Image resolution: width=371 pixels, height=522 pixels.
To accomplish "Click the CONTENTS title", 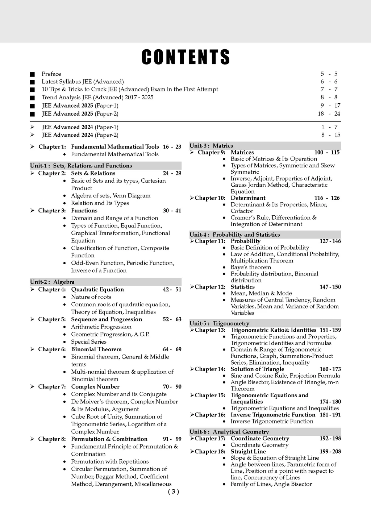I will pos(185,57).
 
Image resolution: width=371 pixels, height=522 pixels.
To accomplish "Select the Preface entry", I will pos(51,74).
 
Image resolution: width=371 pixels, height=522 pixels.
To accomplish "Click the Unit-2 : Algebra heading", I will pos(52,282).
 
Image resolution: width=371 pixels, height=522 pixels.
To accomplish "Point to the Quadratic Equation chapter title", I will pos(97,290).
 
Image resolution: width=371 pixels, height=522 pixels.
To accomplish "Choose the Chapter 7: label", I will pos(52,387).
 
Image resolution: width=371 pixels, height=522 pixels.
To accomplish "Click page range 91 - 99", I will pos(172,439).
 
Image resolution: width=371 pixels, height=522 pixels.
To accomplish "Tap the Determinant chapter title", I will pos(248,198).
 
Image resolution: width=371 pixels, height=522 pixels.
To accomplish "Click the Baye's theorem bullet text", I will pos(251,268).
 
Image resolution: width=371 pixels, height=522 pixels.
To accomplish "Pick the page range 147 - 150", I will pos(330,287).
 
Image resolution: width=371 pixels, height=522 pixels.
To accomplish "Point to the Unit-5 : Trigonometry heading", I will pos(219,323).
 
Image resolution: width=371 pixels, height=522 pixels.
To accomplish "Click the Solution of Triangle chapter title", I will pos(257,369).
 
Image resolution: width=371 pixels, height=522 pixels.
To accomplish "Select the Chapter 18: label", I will pos(210,452).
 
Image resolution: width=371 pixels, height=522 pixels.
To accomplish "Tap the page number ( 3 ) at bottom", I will pos(174,492).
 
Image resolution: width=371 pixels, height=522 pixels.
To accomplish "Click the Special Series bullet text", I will pos(89,342).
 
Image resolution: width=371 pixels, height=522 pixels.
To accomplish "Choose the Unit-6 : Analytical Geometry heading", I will pos(229,432).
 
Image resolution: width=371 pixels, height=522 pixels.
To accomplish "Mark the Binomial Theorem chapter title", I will pos(96,349).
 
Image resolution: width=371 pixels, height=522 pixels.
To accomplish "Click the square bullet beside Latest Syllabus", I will pos(33,82).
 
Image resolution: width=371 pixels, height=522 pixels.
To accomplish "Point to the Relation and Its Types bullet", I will pos(100,203).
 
